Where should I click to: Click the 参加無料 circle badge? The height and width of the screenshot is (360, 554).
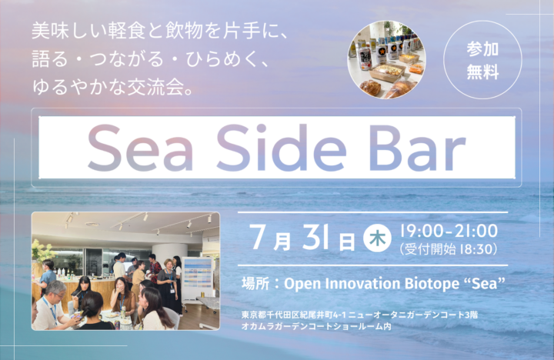click(x=482, y=60)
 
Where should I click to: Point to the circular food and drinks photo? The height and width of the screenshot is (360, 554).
click(x=386, y=59)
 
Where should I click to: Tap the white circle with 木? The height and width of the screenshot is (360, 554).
click(x=377, y=239)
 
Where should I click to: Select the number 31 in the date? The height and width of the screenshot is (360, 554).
click(x=316, y=237)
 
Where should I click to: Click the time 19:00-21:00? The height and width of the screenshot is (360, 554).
click(x=449, y=231)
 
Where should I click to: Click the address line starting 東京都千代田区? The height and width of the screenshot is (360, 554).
click(x=359, y=315)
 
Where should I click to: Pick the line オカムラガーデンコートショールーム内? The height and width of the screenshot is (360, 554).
click(x=316, y=326)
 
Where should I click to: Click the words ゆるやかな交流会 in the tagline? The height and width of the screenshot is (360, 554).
click(x=108, y=87)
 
